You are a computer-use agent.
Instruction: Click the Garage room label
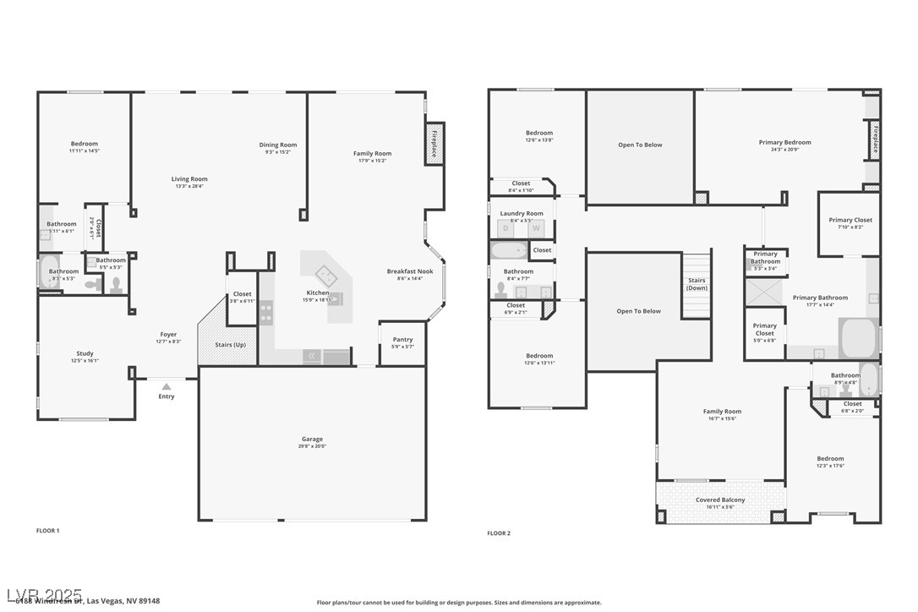pos(312,439)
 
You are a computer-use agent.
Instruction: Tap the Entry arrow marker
pos(167,386)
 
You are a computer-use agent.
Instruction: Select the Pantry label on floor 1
pos(402,340)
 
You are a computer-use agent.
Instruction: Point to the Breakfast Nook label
pos(410,271)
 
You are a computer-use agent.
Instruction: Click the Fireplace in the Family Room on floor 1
pos(434,144)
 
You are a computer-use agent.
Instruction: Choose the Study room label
pos(85,353)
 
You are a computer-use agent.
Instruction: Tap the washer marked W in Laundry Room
pos(536,228)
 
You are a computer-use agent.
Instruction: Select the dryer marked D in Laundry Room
pos(506,228)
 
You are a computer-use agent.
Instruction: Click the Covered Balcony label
pos(720,500)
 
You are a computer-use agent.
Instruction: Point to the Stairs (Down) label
pos(697,284)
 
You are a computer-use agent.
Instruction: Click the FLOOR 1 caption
pos(48,531)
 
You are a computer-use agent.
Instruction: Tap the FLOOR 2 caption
pos(499,533)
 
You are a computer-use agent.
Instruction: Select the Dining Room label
pos(277,145)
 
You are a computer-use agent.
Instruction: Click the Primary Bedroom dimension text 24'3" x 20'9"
pos(784,150)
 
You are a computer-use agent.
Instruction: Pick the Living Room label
pos(189,179)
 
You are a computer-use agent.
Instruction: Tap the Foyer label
pos(169,334)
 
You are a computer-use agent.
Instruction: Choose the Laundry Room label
pos(522,214)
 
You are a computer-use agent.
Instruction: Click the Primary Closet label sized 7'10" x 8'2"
pos(850,220)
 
